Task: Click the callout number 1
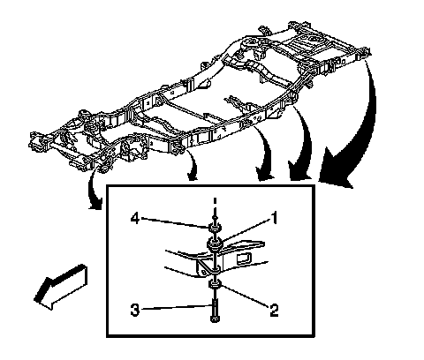tap(274, 218)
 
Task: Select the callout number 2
tap(274, 310)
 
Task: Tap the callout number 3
tap(135, 310)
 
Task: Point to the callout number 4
tap(135, 219)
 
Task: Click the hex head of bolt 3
tap(215, 319)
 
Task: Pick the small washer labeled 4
tap(215, 228)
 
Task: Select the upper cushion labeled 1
tap(215, 244)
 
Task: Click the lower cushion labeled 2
tap(215, 285)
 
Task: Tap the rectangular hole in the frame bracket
tap(244, 259)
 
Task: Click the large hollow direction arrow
tap(61, 287)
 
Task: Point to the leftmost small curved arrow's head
tap(95, 204)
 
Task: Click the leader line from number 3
tap(176, 308)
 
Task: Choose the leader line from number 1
tap(246, 231)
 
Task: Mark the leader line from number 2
tap(245, 296)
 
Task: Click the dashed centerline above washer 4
tap(215, 209)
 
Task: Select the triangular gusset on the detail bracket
tap(207, 267)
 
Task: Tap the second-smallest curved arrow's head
tap(193, 176)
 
